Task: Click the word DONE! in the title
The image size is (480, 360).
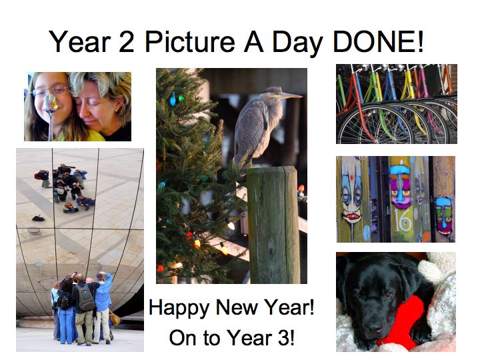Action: [x=379, y=41]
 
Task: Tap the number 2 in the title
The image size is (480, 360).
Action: [x=127, y=41]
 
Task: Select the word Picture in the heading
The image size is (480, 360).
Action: [x=190, y=41]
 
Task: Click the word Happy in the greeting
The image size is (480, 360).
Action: [x=179, y=308]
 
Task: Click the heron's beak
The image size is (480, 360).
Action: [x=291, y=95]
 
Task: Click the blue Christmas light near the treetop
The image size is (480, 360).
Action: [x=173, y=99]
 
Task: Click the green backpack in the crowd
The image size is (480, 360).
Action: [x=86, y=297]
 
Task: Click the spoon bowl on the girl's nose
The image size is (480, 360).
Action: [x=50, y=103]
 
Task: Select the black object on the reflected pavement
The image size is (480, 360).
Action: [x=39, y=218]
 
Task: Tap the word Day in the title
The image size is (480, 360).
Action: [x=297, y=42]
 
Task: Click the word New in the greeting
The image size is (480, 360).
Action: [x=236, y=307]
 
